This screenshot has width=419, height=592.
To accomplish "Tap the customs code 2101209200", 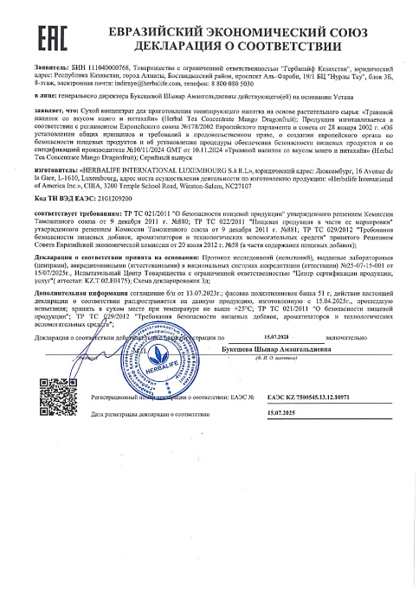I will tap(117, 225).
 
